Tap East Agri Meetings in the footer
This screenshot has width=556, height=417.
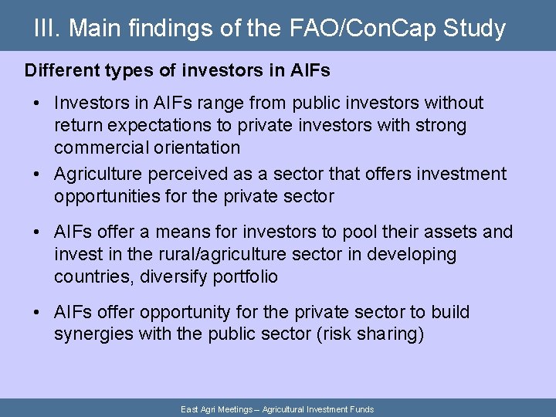(217, 409)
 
